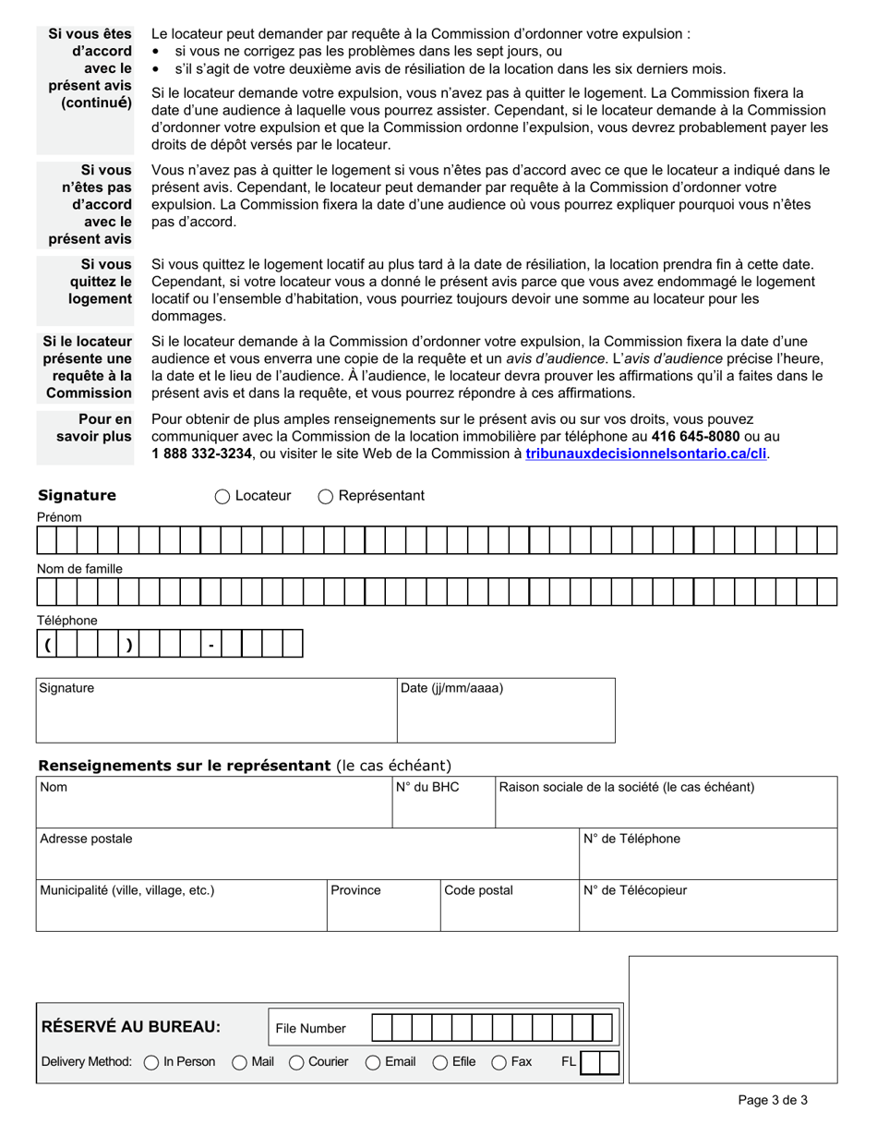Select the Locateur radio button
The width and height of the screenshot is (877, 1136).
click(222, 497)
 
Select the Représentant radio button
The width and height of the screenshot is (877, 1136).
click(326, 497)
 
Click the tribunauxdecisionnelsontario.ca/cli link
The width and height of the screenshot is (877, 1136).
click(645, 453)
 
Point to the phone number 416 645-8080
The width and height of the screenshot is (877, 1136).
click(695, 436)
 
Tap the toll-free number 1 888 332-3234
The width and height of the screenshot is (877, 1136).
click(201, 453)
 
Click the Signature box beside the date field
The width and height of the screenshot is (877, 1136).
click(216, 711)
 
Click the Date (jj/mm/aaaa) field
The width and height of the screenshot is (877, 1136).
click(506, 711)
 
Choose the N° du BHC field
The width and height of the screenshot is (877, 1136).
click(443, 803)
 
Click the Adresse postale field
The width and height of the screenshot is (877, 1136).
click(306, 854)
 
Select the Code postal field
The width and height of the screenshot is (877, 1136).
click(509, 906)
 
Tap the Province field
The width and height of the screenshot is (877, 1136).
click(383, 906)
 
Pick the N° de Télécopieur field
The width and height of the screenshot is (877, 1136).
click(707, 906)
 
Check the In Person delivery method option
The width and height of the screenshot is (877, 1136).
click(151, 1063)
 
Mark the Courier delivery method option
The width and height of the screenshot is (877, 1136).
click(297, 1063)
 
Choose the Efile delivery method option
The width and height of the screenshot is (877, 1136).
click(440, 1063)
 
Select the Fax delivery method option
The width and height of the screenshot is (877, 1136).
click(499, 1063)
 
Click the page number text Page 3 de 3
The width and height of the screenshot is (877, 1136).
click(773, 1100)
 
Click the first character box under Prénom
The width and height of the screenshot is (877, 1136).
click(47, 540)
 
